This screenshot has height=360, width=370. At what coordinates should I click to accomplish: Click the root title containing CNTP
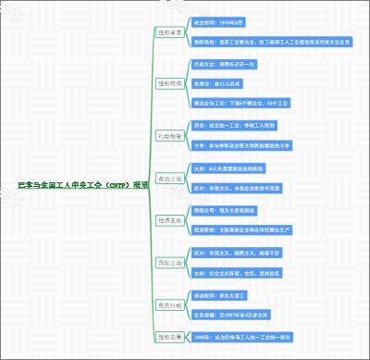pyautogui.click(x=82, y=184)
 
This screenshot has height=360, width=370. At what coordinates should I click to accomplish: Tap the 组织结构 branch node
pyautogui.click(x=169, y=83)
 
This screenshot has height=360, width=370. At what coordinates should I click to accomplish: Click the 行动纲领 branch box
pyautogui.click(x=169, y=134)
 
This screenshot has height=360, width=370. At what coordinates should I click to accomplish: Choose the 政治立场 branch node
pyautogui.click(x=169, y=178)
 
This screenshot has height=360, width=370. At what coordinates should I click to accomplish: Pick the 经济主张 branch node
pyautogui.click(x=169, y=220)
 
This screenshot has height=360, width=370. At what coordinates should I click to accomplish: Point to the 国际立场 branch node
pyautogui.click(x=169, y=263)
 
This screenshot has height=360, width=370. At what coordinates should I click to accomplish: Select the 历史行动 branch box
pyautogui.click(x=169, y=304)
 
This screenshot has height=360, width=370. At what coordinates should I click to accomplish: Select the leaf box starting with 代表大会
pyautogui.click(x=230, y=64)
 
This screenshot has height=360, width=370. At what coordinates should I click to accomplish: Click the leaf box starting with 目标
pyautogui.click(x=240, y=124)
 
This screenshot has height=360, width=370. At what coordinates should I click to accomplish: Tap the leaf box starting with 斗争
pyautogui.click(x=249, y=144)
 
